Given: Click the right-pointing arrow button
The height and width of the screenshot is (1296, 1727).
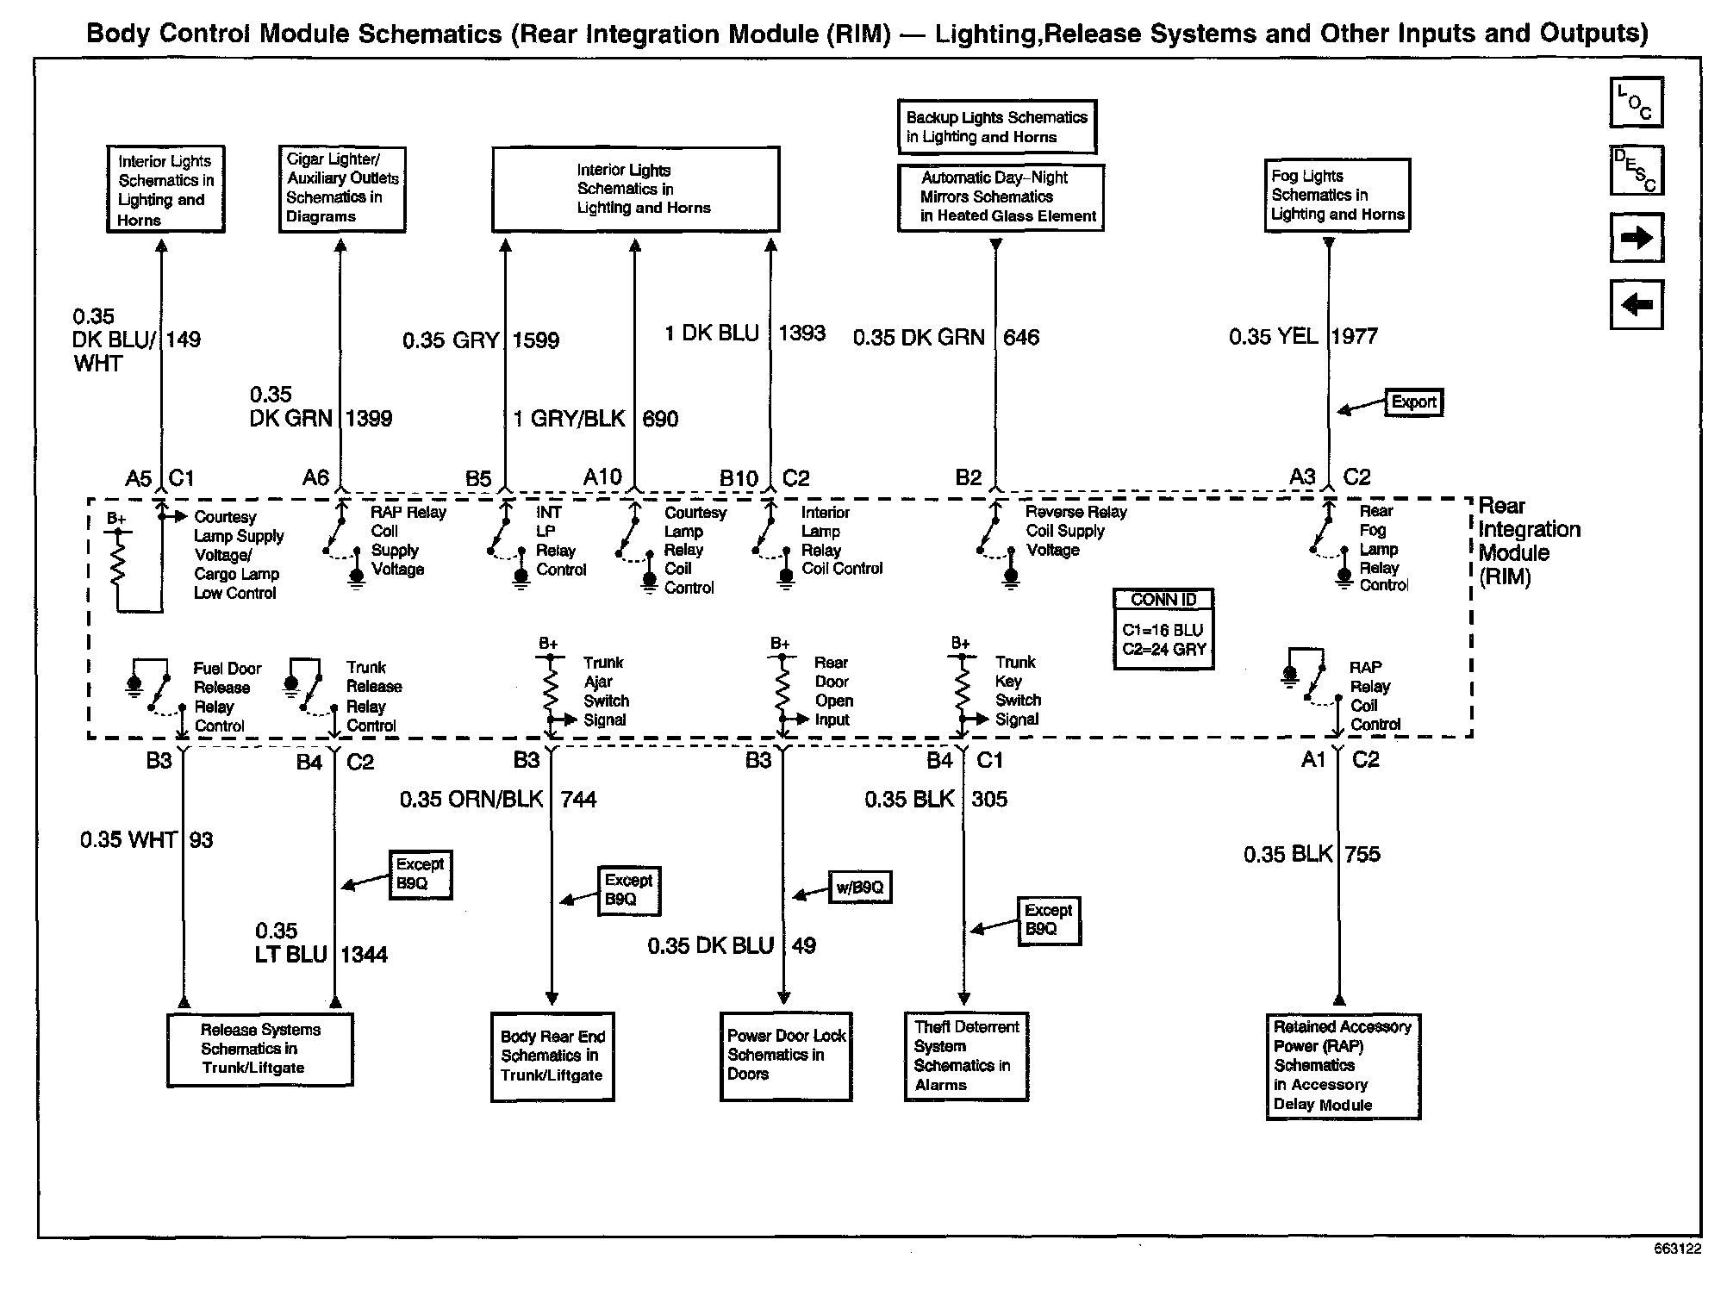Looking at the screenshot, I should tap(1636, 238).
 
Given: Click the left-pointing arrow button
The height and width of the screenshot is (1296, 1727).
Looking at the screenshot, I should tap(1636, 304).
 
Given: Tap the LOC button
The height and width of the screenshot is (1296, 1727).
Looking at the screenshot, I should tap(1636, 103).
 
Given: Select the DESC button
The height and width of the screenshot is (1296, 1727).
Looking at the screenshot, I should tap(1636, 170).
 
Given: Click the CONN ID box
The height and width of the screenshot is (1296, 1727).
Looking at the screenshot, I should tap(1163, 628).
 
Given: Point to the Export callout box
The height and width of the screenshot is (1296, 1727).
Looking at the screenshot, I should tap(1413, 402).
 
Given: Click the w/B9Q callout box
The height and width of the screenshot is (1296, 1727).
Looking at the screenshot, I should tap(859, 888).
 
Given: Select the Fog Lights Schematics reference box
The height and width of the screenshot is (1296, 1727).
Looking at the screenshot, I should tap(1337, 195).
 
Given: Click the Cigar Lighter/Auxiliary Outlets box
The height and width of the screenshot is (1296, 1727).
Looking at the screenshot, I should tap(342, 189).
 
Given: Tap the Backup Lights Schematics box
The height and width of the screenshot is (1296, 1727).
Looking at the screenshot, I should tap(996, 127).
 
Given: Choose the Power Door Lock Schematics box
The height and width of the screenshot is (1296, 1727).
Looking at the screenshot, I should tap(785, 1056).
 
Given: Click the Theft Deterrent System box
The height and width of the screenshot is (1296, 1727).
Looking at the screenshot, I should tap(966, 1056).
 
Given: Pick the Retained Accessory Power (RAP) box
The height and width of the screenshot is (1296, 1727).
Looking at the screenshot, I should tap(1342, 1066).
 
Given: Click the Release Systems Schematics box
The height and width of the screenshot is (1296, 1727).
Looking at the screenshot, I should tap(259, 1049).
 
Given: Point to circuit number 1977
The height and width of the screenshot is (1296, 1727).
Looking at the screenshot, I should tap(1355, 336).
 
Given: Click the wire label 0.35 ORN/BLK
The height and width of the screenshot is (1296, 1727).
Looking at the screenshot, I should tap(471, 800).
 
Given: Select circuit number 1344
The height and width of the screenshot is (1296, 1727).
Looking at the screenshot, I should tap(364, 955).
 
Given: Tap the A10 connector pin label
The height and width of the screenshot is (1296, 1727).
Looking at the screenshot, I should tap(602, 477).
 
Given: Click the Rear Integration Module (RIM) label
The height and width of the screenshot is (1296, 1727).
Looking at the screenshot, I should tap(1528, 541).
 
